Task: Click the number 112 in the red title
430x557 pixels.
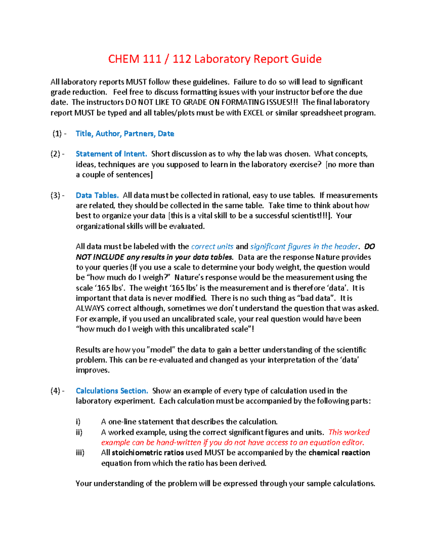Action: coord(182,59)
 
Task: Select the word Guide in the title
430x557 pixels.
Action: coord(306,59)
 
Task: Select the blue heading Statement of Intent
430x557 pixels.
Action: coord(111,154)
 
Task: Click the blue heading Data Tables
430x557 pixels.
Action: coord(97,195)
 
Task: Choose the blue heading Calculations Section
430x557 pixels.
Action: coord(112,391)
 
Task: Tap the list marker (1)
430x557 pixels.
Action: coord(57,134)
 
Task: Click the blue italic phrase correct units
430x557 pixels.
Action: coord(212,247)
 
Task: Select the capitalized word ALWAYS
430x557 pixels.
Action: coord(90,308)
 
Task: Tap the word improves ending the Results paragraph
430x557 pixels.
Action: coord(92,370)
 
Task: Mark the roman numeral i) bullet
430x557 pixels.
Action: coord(78,422)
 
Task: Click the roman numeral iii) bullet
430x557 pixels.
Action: coord(80,453)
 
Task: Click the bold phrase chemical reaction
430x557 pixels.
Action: coord(339,453)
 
